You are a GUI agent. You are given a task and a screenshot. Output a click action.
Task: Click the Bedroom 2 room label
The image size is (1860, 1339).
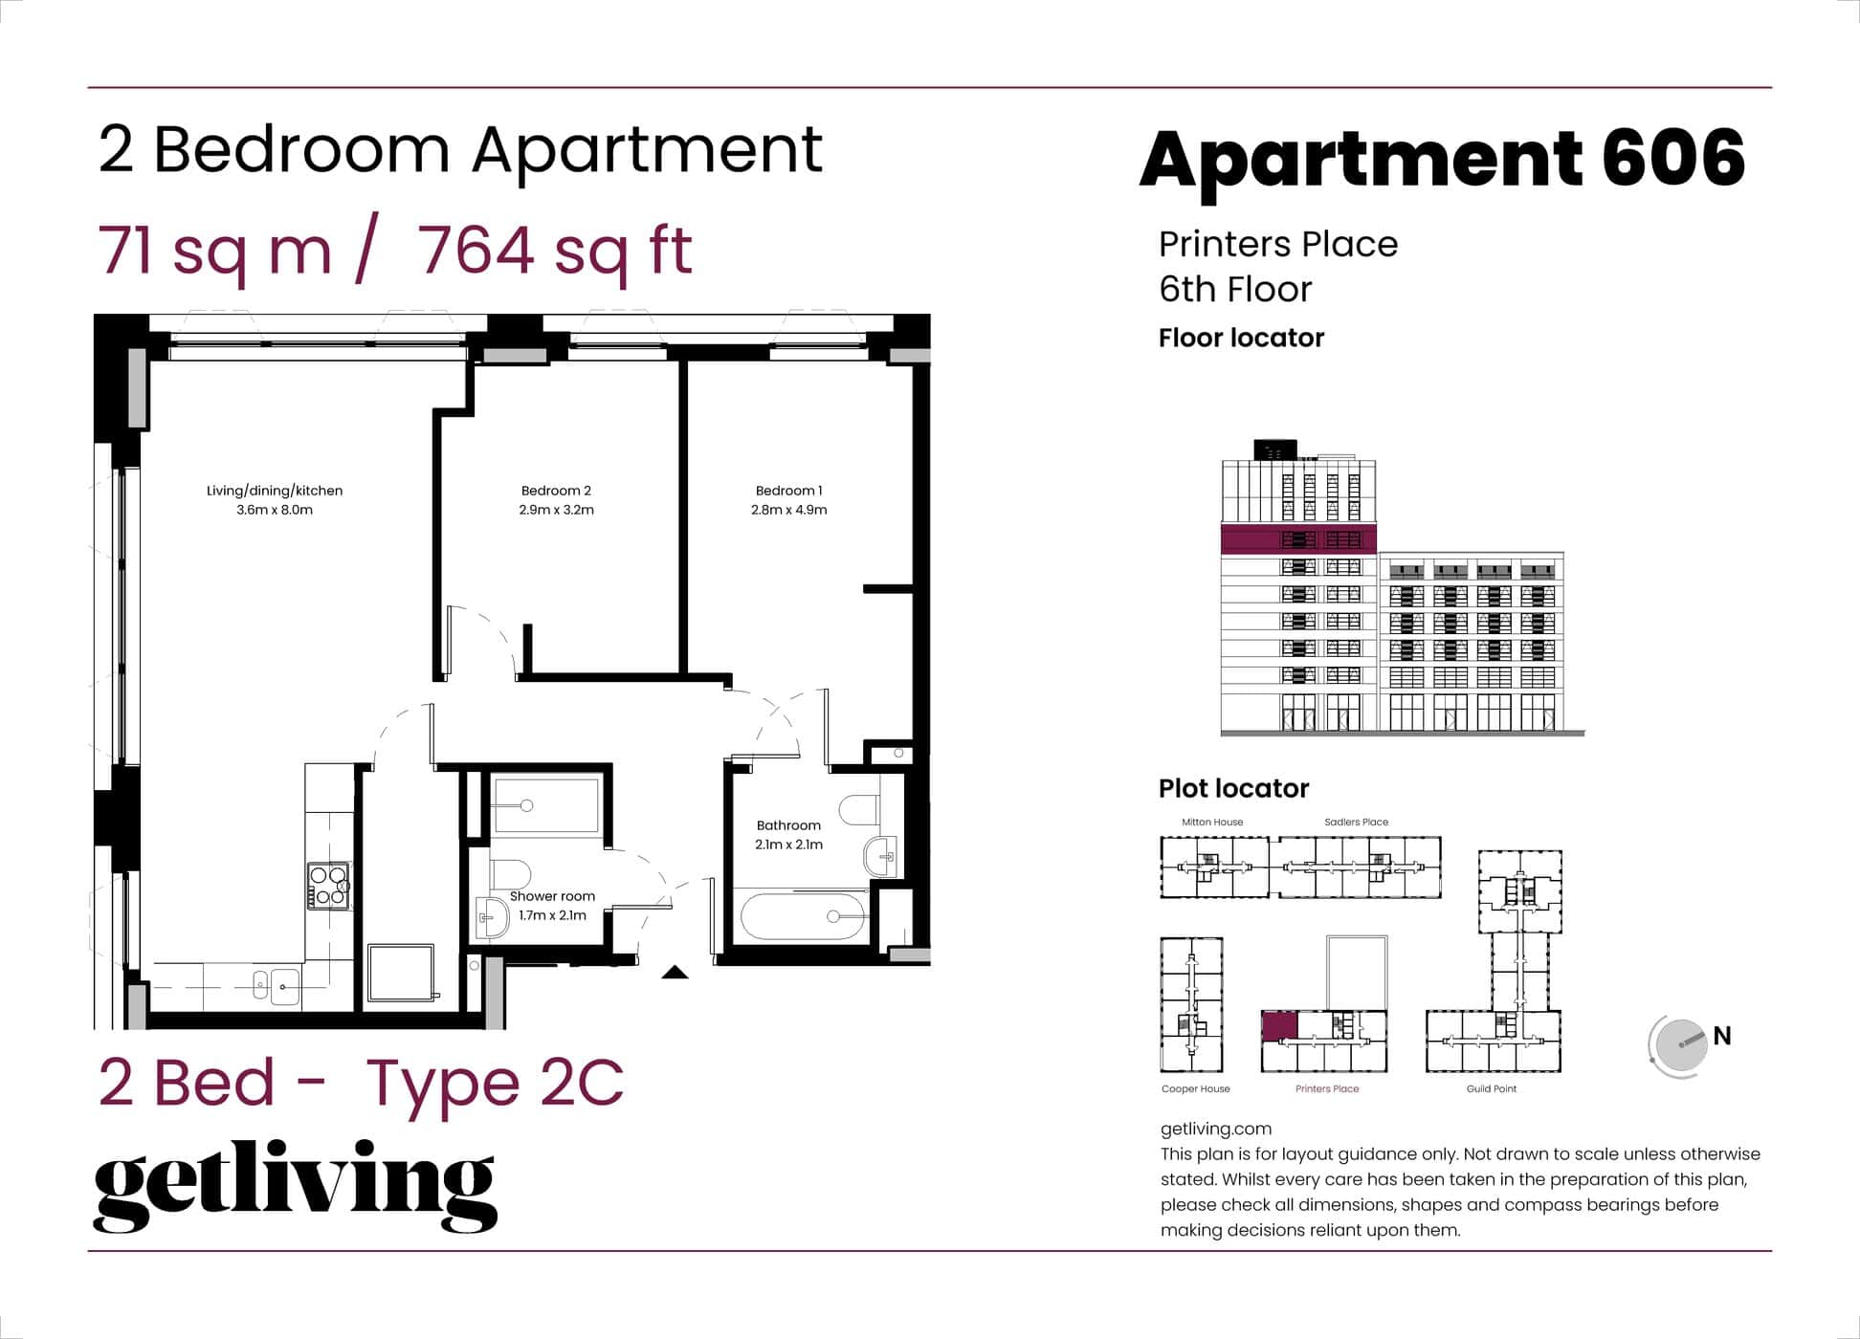(556, 491)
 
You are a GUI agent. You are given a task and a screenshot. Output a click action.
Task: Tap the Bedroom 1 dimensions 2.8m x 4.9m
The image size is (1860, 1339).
(788, 510)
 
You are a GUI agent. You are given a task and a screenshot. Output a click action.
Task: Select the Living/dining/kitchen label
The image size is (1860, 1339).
(275, 491)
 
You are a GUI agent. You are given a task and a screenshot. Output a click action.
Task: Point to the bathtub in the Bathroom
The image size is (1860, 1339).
(804, 916)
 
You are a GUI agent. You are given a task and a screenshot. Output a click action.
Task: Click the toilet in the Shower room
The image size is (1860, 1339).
(511, 873)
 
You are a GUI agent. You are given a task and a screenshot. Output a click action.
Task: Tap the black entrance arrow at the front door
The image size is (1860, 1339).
(675, 973)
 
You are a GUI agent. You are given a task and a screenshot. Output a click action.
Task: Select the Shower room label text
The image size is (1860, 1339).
(552, 896)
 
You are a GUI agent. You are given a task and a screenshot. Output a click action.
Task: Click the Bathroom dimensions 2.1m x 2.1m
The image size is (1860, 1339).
(788, 845)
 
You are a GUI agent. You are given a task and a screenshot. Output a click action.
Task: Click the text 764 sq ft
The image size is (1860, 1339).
(555, 251)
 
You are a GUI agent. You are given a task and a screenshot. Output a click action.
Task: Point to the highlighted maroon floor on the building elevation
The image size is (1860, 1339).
(1298, 538)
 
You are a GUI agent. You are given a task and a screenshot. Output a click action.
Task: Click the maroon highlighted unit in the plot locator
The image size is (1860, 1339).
(1279, 1026)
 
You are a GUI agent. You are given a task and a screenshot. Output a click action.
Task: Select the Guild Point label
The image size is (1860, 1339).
(1491, 1088)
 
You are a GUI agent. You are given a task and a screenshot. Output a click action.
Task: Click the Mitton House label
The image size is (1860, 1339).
(1212, 822)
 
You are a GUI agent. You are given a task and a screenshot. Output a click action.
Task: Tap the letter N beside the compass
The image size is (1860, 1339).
(1722, 1036)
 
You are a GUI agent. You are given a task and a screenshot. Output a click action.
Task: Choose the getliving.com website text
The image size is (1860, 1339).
(1215, 1129)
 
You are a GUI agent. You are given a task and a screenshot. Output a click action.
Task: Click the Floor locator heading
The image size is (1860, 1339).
(1241, 338)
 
